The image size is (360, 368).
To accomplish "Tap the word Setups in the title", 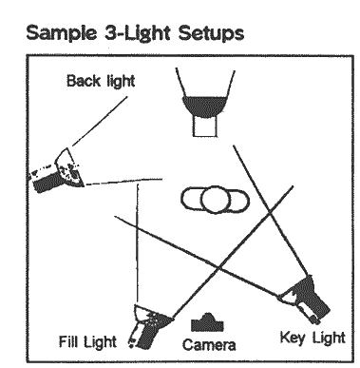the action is click(x=211, y=34).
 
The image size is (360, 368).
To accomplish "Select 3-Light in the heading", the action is click(x=138, y=34).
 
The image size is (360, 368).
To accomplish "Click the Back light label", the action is click(x=101, y=81).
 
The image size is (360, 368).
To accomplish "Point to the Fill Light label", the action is click(x=87, y=341).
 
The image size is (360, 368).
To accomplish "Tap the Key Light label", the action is click(x=313, y=338).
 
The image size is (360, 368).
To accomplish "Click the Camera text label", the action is click(x=209, y=345).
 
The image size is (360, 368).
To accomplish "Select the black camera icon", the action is click(x=207, y=323).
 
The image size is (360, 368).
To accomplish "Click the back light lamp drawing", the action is click(x=56, y=171).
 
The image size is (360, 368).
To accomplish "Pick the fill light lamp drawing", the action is click(x=149, y=326).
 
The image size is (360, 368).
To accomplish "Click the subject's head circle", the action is click(x=216, y=200).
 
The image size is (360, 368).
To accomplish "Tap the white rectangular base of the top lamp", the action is click(x=205, y=126).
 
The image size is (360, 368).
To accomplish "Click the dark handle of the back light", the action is click(x=48, y=184).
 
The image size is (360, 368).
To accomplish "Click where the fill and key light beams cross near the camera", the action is click(x=219, y=269).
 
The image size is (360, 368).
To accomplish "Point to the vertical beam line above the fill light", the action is click(x=138, y=243).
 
